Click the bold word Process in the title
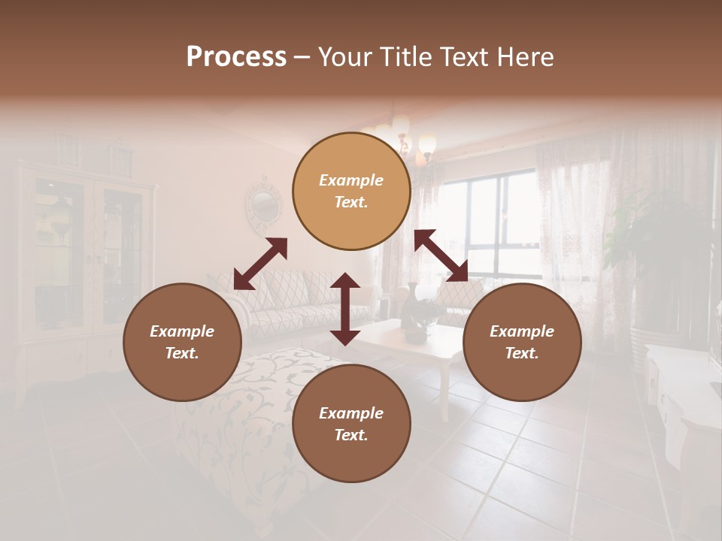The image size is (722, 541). click(236, 56)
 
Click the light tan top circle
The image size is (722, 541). click(351, 191)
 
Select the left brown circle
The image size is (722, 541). click(182, 342)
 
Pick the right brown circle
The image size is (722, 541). click(522, 342)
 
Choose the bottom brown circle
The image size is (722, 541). click(351, 424)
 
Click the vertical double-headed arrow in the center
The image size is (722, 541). click(344, 309)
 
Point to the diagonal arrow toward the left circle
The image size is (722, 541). click(260, 264)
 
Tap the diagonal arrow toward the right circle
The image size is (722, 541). click(441, 255)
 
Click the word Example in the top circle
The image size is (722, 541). click(351, 180)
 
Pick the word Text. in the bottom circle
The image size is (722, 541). click(351, 435)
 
